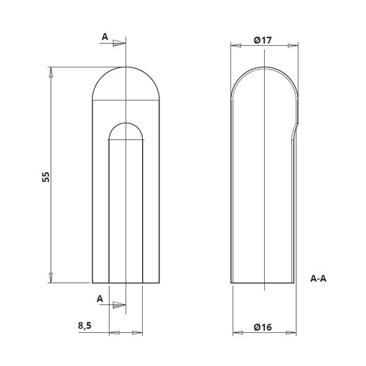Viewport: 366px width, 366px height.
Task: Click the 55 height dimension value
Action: [46, 177]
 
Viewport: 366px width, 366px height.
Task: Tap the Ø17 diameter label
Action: [263, 40]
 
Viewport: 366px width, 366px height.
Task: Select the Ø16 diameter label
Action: [263, 327]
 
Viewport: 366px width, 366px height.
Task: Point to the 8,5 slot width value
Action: [85, 326]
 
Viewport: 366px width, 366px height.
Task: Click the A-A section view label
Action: [318, 278]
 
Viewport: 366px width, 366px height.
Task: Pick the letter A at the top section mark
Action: [105, 37]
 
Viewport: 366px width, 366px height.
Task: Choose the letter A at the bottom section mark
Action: [100, 299]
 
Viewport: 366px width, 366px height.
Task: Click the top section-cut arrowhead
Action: [119, 43]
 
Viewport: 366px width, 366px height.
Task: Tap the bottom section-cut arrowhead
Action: [119, 305]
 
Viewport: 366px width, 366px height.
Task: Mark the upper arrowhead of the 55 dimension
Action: [51, 72]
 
